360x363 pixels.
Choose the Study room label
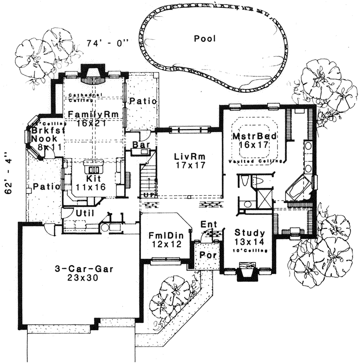(x=250, y=232)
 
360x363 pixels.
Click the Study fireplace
(x=247, y=273)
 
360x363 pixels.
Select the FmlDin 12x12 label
(x=165, y=238)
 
